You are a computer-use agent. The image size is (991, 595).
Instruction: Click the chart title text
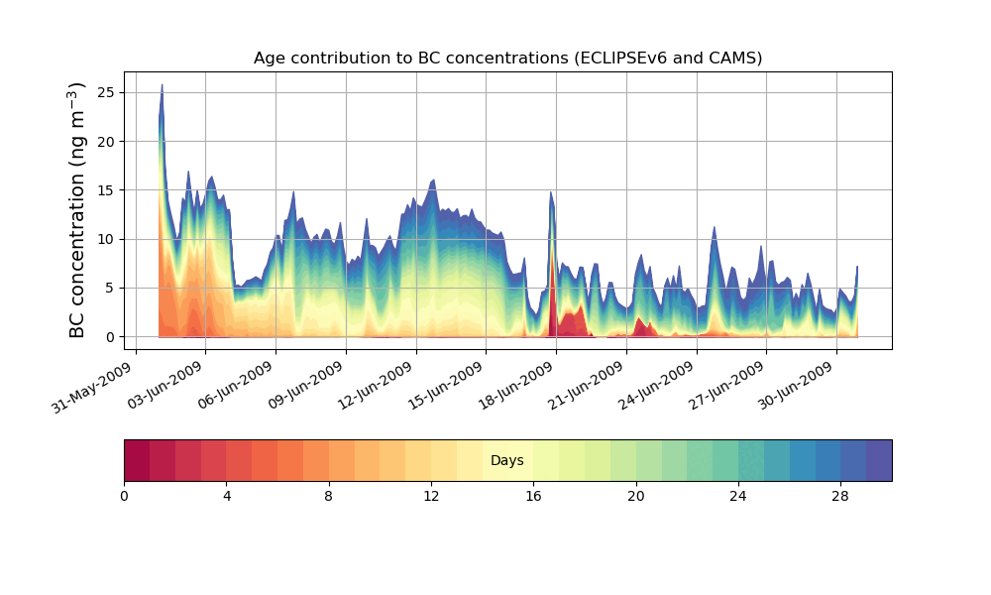pyautogui.click(x=507, y=58)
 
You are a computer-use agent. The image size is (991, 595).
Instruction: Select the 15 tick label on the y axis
pyautogui.click(x=106, y=190)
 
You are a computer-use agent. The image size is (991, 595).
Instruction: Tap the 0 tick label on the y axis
pyautogui.click(x=110, y=337)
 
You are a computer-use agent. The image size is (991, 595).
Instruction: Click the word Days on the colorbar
pyautogui.click(x=507, y=461)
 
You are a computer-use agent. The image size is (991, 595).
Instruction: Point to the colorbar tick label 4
pyautogui.click(x=227, y=496)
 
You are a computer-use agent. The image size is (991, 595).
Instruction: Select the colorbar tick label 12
pyautogui.click(x=431, y=496)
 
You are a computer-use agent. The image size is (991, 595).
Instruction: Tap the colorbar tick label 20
pyautogui.click(x=636, y=496)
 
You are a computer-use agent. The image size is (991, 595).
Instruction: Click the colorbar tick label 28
pyautogui.click(x=840, y=496)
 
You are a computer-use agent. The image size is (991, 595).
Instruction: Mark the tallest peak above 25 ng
pyautogui.click(x=162, y=86)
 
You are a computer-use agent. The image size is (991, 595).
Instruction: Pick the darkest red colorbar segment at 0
pyautogui.click(x=137, y=460)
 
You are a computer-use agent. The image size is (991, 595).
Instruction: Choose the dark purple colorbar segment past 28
pyautogui.click(x=879, y=460)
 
